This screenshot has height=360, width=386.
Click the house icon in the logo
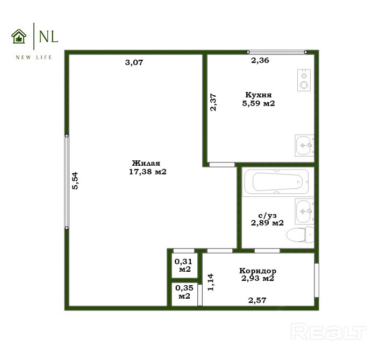(x=19, y=37)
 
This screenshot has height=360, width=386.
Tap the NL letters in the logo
(x=48, y=37)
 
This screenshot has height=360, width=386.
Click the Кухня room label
(x=259, y=95)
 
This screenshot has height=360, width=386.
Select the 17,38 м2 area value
(x=148, y=172)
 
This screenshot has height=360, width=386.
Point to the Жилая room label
(x=146, y=163)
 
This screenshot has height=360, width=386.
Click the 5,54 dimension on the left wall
(x=75, y=181)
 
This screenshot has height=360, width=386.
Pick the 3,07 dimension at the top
(x=134, y=62)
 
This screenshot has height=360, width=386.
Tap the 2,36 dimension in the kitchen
(x=260, y=60)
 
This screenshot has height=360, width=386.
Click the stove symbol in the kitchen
(x=304, y=80)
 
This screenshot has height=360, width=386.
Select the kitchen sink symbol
(x=304, y=145)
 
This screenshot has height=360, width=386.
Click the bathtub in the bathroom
(x=277, y=182)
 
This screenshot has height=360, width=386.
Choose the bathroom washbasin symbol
(x=304, y=211)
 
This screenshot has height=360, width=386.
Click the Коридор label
(x=258, y=271)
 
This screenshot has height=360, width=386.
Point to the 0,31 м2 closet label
(x=184, y=265)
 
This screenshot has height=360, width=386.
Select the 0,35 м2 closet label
(x=184, y=292)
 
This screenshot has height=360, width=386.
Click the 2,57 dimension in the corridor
(x=258, y=300)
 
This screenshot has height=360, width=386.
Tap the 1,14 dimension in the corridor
(x=211, y=282)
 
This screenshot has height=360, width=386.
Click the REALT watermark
(x=328, y=331)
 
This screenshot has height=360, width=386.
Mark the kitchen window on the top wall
(x=277, y=52)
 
